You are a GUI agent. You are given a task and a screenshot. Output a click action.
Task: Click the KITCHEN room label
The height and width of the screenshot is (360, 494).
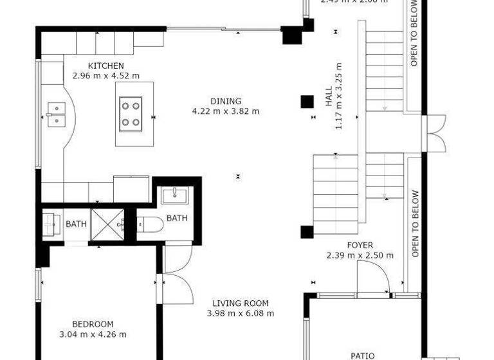[x=105, y=66]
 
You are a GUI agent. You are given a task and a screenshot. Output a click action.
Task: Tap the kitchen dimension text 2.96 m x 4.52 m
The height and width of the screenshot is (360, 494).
[x=105, y=75]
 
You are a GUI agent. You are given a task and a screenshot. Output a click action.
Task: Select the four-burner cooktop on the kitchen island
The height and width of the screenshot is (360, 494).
[x=131, y=113]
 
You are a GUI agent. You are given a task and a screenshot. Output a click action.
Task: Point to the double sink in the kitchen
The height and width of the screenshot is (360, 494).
[x=57, y=114]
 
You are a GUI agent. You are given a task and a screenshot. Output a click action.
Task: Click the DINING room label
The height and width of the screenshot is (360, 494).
[x=225, y=101]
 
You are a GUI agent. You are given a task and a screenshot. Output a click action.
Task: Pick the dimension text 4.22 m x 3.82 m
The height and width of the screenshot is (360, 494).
[x=225, y=111]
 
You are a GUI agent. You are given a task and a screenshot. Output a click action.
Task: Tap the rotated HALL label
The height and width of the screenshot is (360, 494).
[x=329, y=96]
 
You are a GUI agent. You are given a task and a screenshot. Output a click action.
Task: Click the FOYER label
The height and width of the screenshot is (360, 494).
[x=360, y=245]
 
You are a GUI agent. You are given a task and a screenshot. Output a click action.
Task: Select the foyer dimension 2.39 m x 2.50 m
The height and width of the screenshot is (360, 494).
[x=360, y=255]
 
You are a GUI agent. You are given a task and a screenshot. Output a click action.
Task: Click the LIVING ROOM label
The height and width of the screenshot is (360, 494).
[x=241, y=303]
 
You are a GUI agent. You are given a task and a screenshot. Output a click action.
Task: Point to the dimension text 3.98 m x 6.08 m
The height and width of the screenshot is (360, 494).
[x=241, y=314]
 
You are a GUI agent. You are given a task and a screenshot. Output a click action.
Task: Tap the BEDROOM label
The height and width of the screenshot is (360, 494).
[x=93, y=324]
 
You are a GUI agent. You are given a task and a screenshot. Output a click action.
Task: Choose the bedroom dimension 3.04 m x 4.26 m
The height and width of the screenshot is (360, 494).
[x=93, y=334]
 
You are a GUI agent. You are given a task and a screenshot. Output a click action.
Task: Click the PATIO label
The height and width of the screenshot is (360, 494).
[x=363, y=355]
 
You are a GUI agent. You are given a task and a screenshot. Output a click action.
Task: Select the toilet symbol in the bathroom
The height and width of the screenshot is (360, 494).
[x=147, y=224]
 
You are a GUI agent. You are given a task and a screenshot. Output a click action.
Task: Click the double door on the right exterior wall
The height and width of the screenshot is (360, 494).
[x=435, y=133]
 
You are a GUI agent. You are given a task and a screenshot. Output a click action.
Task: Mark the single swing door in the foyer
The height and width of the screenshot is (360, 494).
[x=373, y=280]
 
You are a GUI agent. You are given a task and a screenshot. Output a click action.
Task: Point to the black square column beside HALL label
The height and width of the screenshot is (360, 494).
[x=307, y=102]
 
